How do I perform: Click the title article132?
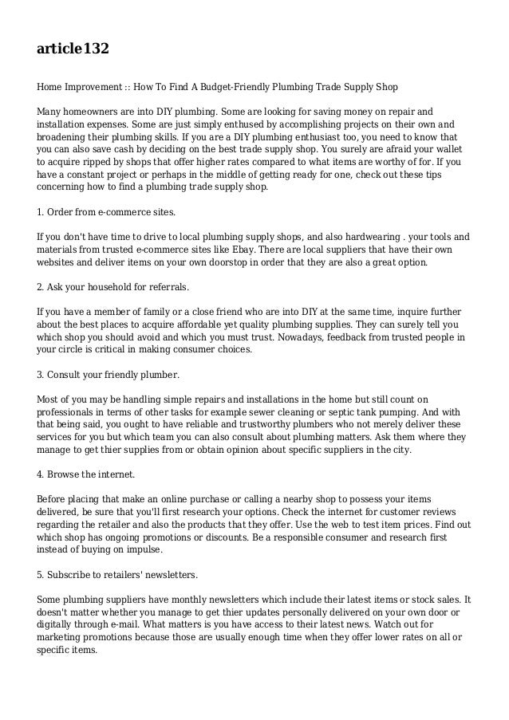(73, 49)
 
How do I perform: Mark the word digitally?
(60, 625)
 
